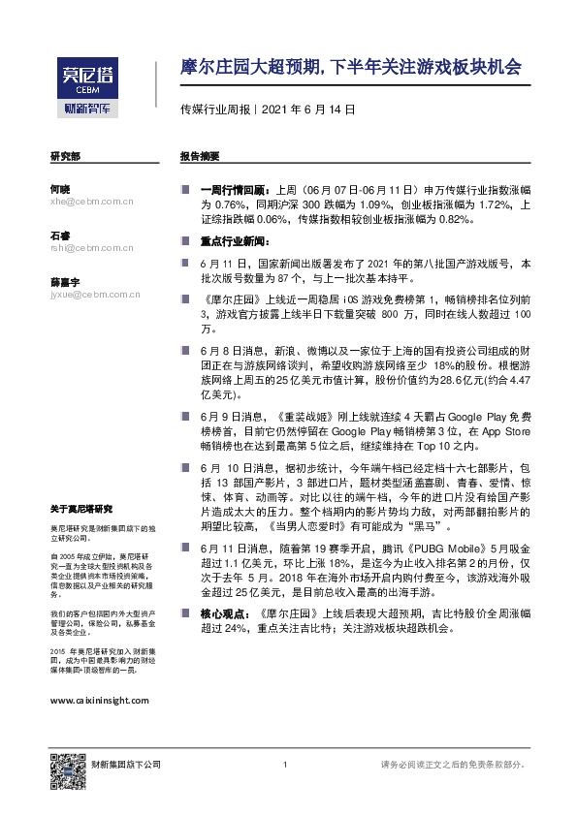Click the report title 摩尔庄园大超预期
(351, 68)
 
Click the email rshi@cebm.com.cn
(91, 247)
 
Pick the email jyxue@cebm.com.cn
(94, 294)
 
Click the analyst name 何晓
(60, 189)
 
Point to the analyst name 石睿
(60, 235)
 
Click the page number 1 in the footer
(284, 766)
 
